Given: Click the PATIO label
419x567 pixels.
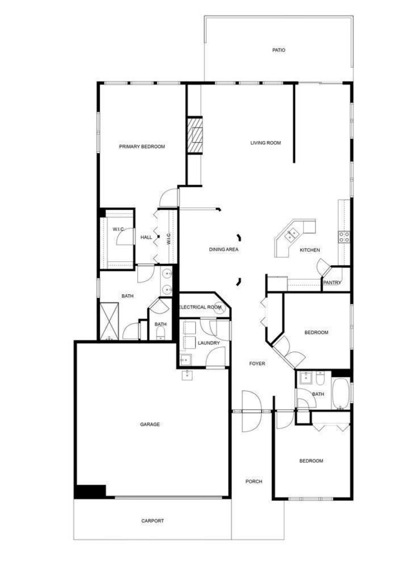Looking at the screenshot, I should pyautogui.click(x=278, y=50).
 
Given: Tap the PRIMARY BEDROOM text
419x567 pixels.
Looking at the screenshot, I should pyautogui.click(x=142, y=147).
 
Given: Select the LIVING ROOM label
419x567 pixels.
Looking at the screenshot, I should pyautogui.click(x=266, y=143).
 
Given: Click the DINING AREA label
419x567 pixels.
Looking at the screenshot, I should pyautogui.click(x=224, y=249).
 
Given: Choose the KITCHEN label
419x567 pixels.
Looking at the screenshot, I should pyautogui.click(x=309, y=250).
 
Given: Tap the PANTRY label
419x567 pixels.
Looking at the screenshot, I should pyautogui.click(x=332, y=283).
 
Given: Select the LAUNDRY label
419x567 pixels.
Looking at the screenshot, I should pyautogui.click(x=209, y=343).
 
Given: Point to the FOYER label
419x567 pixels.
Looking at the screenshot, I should pyautogui.click(x=257, y=364).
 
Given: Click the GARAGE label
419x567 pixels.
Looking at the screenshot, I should pyautogui.click(x=150, y=424).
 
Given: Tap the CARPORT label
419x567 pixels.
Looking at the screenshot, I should pyautogui.click(x=152, y=521).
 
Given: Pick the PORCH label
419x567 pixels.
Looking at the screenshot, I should pyautogui.click(x=253, y=481).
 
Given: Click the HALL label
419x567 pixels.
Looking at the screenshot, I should pyautogui.click(x=146, y=237).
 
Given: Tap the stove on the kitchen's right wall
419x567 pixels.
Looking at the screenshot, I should pyautogui.click(x=344, y=236).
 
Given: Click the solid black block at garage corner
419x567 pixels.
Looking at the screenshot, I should pyautogui.click(x=90, y=490).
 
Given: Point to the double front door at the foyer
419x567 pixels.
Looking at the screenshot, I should pyautogui.click(x=251, y=411).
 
